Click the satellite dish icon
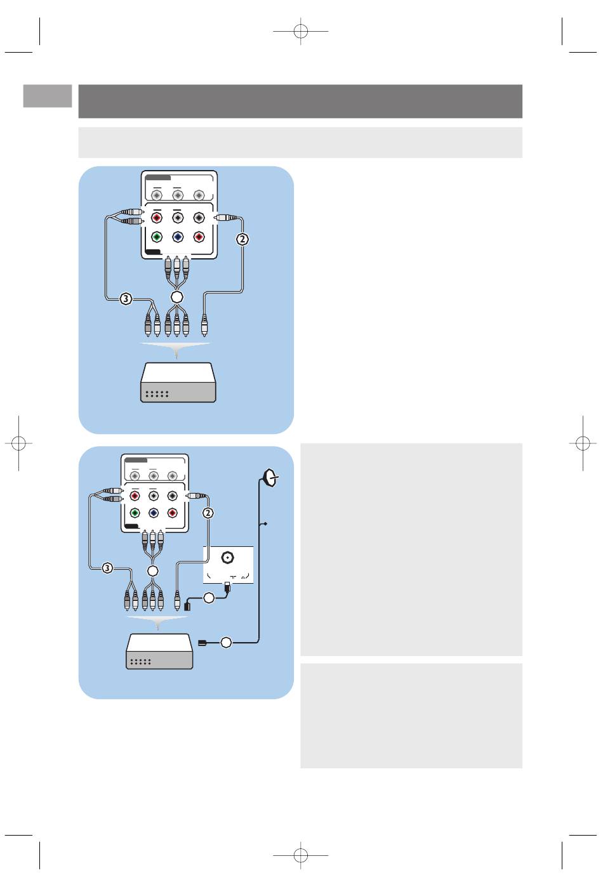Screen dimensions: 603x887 270,478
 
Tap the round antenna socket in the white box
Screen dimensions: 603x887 227,558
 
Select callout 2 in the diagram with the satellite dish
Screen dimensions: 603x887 208,513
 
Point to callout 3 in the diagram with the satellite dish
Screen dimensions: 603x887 107,568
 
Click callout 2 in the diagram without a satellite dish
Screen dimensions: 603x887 242,239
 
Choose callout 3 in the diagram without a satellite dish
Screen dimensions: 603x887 126,299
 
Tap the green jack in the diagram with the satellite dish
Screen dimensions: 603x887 135,513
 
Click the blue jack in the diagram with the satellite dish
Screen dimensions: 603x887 154,513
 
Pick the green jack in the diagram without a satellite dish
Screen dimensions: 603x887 157,237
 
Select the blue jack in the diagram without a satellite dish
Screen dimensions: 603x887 178,237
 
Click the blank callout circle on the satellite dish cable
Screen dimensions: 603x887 226,642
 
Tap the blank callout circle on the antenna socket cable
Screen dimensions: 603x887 209,598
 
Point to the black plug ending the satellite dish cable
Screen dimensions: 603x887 202,643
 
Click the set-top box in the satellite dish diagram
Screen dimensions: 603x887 159,652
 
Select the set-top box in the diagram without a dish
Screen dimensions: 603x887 178,383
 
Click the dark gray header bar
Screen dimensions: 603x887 300,102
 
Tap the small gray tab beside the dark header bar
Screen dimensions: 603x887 48,96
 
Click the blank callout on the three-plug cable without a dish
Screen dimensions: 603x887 176,296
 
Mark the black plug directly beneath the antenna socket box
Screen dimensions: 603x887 227,586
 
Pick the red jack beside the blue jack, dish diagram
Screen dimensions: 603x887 172,513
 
